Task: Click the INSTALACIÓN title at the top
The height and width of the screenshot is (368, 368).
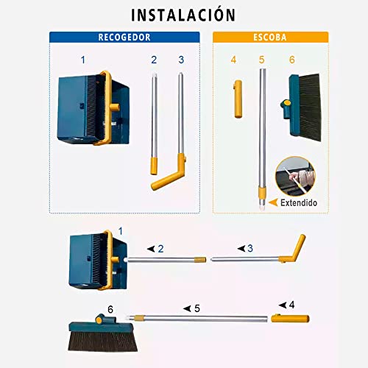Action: tap(183, 15)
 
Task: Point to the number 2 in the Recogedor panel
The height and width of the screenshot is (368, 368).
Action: tap(154, 59)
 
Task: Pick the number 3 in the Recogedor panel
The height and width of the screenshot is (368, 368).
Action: tap(180, 59)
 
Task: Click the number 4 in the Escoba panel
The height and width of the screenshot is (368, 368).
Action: tap(233, 60)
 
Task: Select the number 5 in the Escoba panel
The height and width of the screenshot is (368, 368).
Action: tap(261, 60)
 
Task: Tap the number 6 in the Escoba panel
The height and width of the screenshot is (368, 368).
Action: tap(291, 60)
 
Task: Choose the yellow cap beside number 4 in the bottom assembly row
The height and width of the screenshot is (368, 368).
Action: tap(290, 318)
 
